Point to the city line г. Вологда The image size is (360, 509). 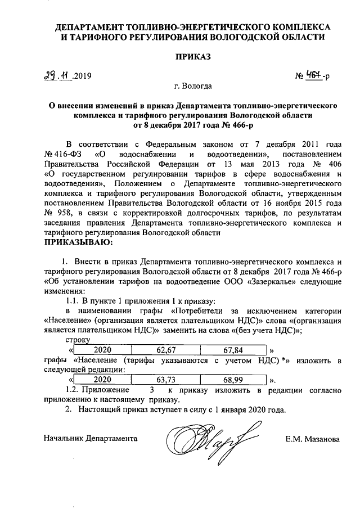[x=193, y=87]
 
